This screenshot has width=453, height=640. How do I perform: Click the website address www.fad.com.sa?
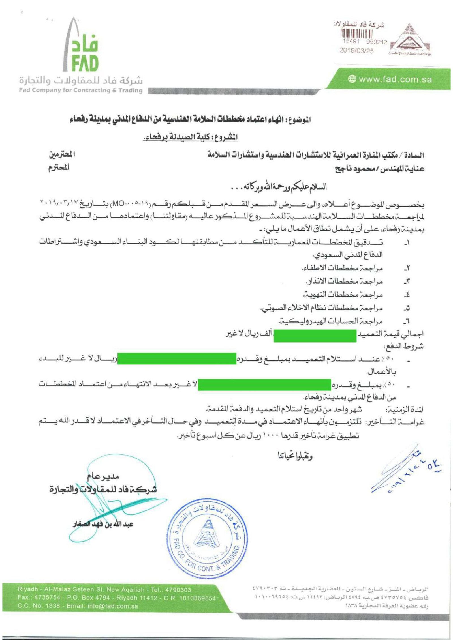click(395, 80)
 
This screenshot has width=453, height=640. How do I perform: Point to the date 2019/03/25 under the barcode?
click(356, 51)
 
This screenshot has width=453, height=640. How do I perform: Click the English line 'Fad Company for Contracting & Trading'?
click(81, 90)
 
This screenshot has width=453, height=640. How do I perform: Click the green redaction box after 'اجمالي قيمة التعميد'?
click(315, 336)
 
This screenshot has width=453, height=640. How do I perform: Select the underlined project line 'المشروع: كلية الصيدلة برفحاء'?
click(190, 138)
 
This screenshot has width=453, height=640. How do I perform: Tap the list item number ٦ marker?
click(407, 321)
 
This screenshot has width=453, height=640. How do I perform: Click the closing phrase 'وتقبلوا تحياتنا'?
click(295, 456)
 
